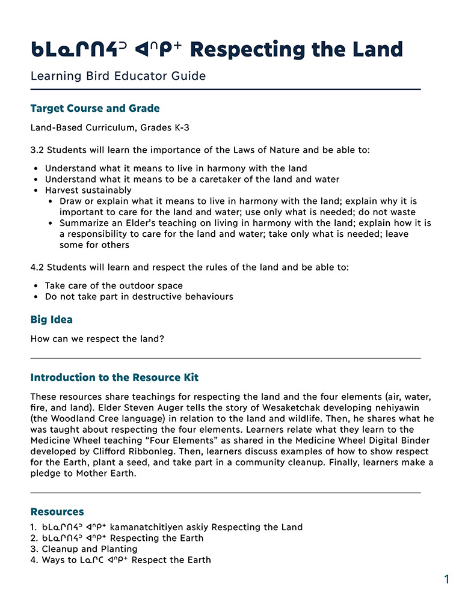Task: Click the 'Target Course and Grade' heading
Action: coord(95,109)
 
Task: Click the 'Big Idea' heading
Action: coord(52,320)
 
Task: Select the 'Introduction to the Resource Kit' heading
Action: coord(114,377)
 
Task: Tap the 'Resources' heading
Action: coord(57,511)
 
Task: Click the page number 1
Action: coord(446,579)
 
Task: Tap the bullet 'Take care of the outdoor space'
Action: coord(114,285)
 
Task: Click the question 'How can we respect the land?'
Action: coord(97,338)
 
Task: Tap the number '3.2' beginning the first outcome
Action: coord(37,150)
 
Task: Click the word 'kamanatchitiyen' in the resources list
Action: coord(146,527)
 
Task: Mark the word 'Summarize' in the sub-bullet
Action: coord(84,223)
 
